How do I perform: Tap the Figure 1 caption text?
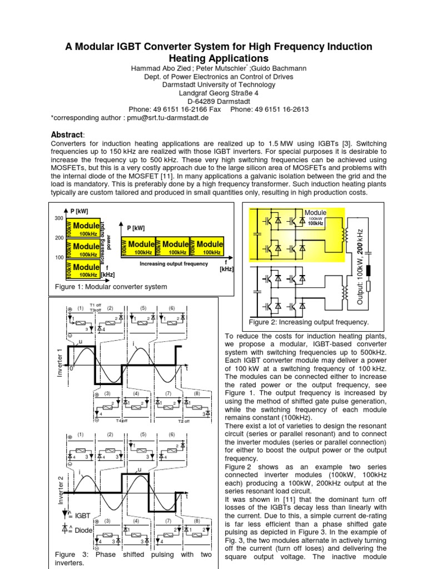(111, 287)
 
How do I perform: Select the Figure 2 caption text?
(308, 322)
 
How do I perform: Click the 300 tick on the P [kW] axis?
(59, 218)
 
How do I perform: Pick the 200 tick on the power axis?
(59, 238)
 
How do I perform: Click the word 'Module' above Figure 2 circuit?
(315, 212)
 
